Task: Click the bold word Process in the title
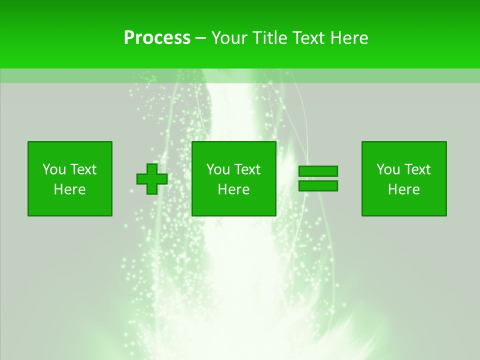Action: (x=157, y=38)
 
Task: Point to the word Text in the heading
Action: (x=309, y=38)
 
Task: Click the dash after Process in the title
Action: (x=201, y=38)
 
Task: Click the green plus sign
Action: (x=152, y=179)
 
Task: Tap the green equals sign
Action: (x=318, y=178)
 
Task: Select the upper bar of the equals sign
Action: (x=318, y=171)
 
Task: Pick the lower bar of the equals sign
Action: (x=318, y=185)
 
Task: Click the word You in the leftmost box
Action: (x=53, y=169)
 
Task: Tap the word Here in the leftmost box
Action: (x=69, y=189)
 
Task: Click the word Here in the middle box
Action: (x=234, y=189)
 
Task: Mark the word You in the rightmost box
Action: (x=387, y=169)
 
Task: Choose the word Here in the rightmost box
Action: (x=404, y=189)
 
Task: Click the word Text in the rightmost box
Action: (x=417, y=169)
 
